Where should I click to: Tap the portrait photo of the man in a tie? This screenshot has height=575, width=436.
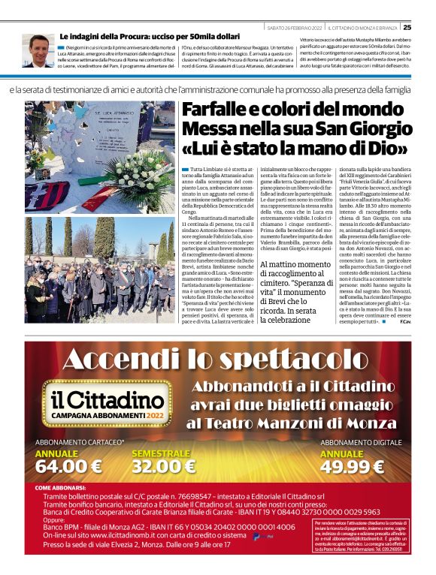(38, 51)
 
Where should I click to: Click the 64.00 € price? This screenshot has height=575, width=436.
(68, 466)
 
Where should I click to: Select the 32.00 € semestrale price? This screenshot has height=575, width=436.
(164, 466)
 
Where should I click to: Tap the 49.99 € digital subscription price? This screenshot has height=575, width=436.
(353, 466)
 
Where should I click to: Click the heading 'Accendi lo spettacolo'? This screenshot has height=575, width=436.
(218, 361)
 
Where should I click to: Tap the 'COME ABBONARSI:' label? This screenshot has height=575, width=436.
(65, 488)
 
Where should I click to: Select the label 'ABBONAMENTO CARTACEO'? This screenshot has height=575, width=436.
(80, 443)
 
